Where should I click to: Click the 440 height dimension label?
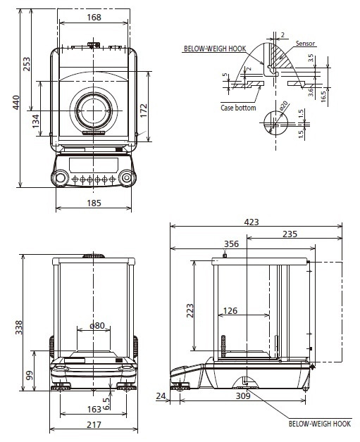click(16, 102)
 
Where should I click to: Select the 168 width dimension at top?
click(94, 18)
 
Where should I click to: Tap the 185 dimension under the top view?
click(94, 203)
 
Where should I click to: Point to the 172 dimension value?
click(144, 110)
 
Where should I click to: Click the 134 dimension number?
click(36, 121)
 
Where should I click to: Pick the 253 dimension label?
click(26, 64)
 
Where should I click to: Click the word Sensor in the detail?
click(305, 44)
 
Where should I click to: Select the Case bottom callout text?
click(238, 108)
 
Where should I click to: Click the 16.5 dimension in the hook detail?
click(323, 96)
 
